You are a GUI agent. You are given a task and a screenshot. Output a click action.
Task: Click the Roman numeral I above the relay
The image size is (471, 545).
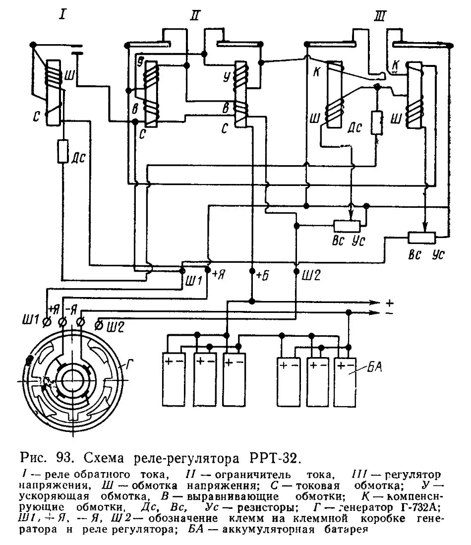coord(62,14)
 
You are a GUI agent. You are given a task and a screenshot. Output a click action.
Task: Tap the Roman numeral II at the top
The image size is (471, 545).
coord(194,15)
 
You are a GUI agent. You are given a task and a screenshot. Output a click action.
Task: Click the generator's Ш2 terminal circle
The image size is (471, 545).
coord(99,324)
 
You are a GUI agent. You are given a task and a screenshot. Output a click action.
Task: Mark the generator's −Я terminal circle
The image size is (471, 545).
coord(81,323)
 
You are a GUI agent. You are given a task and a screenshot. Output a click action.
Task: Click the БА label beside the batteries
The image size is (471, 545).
coord(375,367)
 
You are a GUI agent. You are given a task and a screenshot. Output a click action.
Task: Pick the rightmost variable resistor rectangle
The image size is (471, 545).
coord(421,238)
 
